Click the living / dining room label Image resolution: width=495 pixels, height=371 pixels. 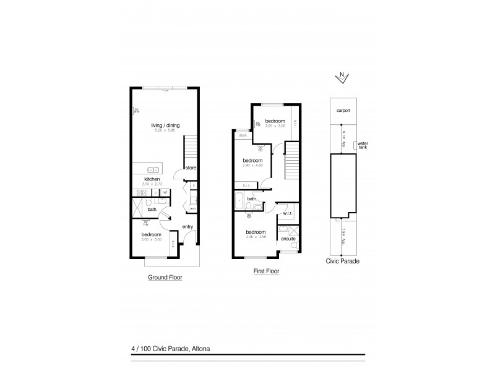[x=164, y=126]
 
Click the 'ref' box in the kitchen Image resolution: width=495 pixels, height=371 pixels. [x=165, y=192]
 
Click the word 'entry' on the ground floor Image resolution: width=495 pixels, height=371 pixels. [x=188, y=227]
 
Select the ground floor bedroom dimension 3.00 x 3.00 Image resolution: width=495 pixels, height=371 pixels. [x=152, y=239]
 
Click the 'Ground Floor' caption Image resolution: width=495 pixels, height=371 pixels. [x=165, y=278]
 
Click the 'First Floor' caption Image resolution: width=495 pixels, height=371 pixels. [x=266, y=271]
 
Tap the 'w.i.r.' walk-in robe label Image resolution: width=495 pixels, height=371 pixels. [x=287, y=215]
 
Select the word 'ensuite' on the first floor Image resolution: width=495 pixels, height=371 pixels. [x=288, y=239]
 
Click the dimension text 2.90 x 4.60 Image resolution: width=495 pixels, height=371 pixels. [x=252, y=166]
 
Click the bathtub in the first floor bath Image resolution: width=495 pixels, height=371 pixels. [x=239, y=201]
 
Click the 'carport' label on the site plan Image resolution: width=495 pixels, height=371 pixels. [x=343, y=110]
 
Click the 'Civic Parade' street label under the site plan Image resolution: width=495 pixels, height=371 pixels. [x=342, y=261]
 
